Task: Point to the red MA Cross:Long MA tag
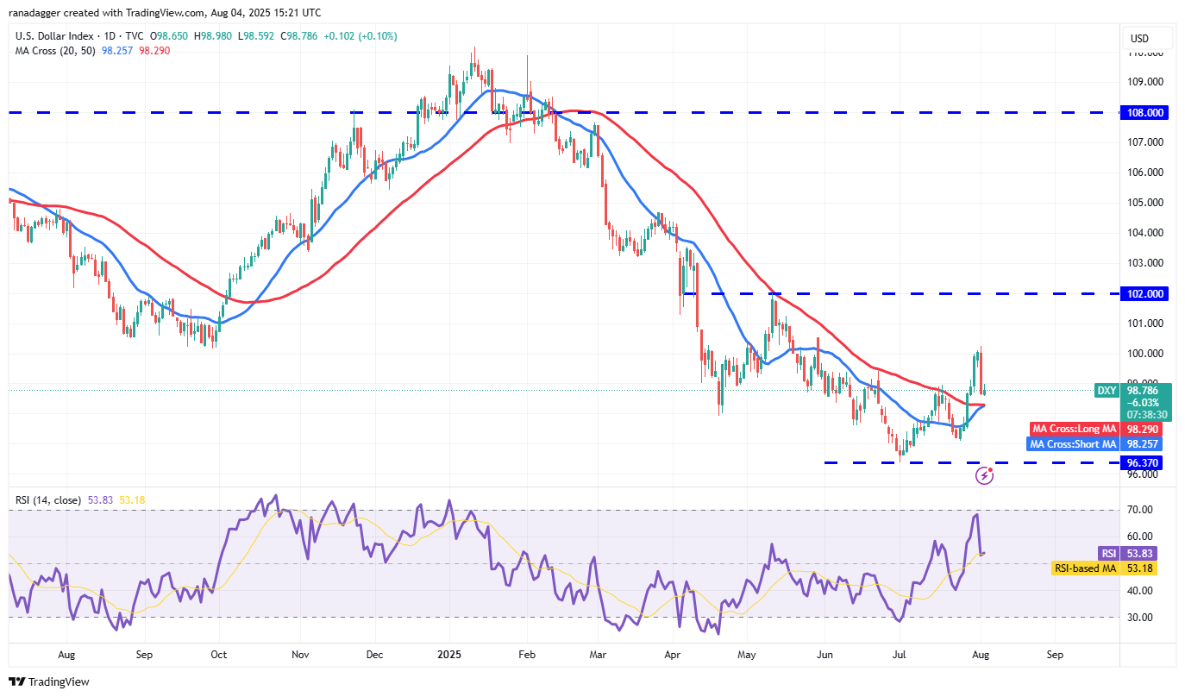point(1073,429)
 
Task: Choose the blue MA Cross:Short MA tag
point(1073,444)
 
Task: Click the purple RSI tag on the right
point(1108,553)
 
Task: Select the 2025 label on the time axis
point(450,655)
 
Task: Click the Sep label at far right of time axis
point(1055,655)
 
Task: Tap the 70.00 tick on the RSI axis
point(1140,510)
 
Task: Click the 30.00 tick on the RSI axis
point(1140,617)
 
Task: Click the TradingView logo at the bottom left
point(49,681)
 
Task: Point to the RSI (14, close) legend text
point(48,499)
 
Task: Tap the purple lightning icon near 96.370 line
point(984,475)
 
